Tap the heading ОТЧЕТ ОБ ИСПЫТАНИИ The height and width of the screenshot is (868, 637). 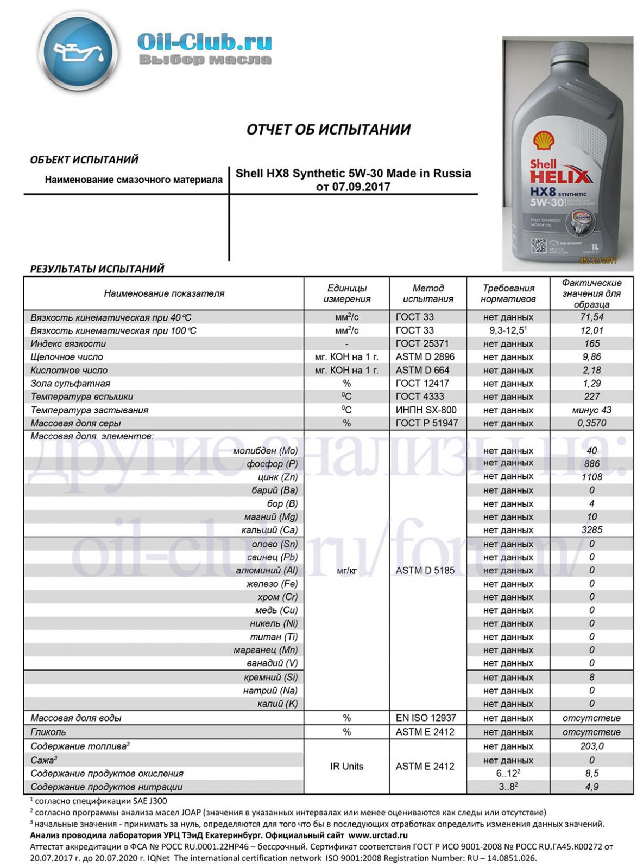point(329,129)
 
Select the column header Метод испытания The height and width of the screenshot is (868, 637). point(428,293)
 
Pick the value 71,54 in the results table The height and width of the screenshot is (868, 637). point(591,317)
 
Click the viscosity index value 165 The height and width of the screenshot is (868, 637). point(591,343)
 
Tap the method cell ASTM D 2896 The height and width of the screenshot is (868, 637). point(425,356)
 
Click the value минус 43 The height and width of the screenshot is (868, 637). point(591,410)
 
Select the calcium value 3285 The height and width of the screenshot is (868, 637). point(591,529)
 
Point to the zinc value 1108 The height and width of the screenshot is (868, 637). point(591,477)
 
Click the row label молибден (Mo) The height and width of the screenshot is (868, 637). point(265,451)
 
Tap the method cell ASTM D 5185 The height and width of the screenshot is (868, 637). point(425,570)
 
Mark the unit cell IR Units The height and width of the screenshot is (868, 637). point(346,766)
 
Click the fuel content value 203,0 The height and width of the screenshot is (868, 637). point(591,746)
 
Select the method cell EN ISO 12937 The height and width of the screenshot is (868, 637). point(426,718)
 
